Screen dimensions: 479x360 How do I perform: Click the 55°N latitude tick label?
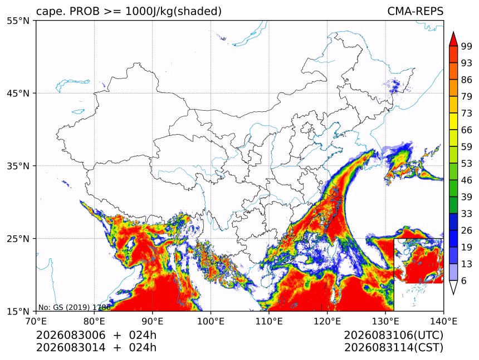pyautogui.click(x=18, y=21)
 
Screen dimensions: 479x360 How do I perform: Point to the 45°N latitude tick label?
pyautogui.click(x=18, y=93)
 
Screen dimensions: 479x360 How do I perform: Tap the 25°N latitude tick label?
pyautogui.click(x=18, y=239)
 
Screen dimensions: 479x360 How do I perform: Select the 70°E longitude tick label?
pyautogui.click(x=36, y=321)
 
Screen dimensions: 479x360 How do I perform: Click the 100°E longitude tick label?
pyautogui.click(x=211, y=321)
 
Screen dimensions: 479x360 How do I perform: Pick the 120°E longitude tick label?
pyautogui.click(x=327, y=321)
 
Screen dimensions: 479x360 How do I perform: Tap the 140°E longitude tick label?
pyautogui.click(x=443, y=321)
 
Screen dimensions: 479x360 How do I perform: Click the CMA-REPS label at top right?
pyautogui.click(x=416, y=11)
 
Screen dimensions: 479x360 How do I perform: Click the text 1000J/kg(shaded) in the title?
pyautogui.click(x=173, y=11)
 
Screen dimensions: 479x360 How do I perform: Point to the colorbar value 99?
pyautogui.click(x=467, y=46)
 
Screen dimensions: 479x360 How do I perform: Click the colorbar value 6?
pyautogui.click(x=464, y=280)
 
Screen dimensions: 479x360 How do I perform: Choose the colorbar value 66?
pyautogui.click(x=467, y=130)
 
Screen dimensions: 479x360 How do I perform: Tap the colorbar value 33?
pyautogui.click(x=467, y=214)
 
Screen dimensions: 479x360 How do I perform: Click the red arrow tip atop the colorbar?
pyautogui.click(x=453, y=32)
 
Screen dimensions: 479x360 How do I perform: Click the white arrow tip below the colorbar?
pyautogui.click(x=453, y=294)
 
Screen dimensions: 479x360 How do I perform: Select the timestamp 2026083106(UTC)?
pyautogui.click(x=394, y=336)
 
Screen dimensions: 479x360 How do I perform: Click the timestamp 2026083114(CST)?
pyautogui.click(x=394, y=348)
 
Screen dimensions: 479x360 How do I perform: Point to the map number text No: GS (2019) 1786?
pyautogui.click(x=74, y=307)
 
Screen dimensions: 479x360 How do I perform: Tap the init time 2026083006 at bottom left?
pyautogui.click(x=71, y=336)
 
